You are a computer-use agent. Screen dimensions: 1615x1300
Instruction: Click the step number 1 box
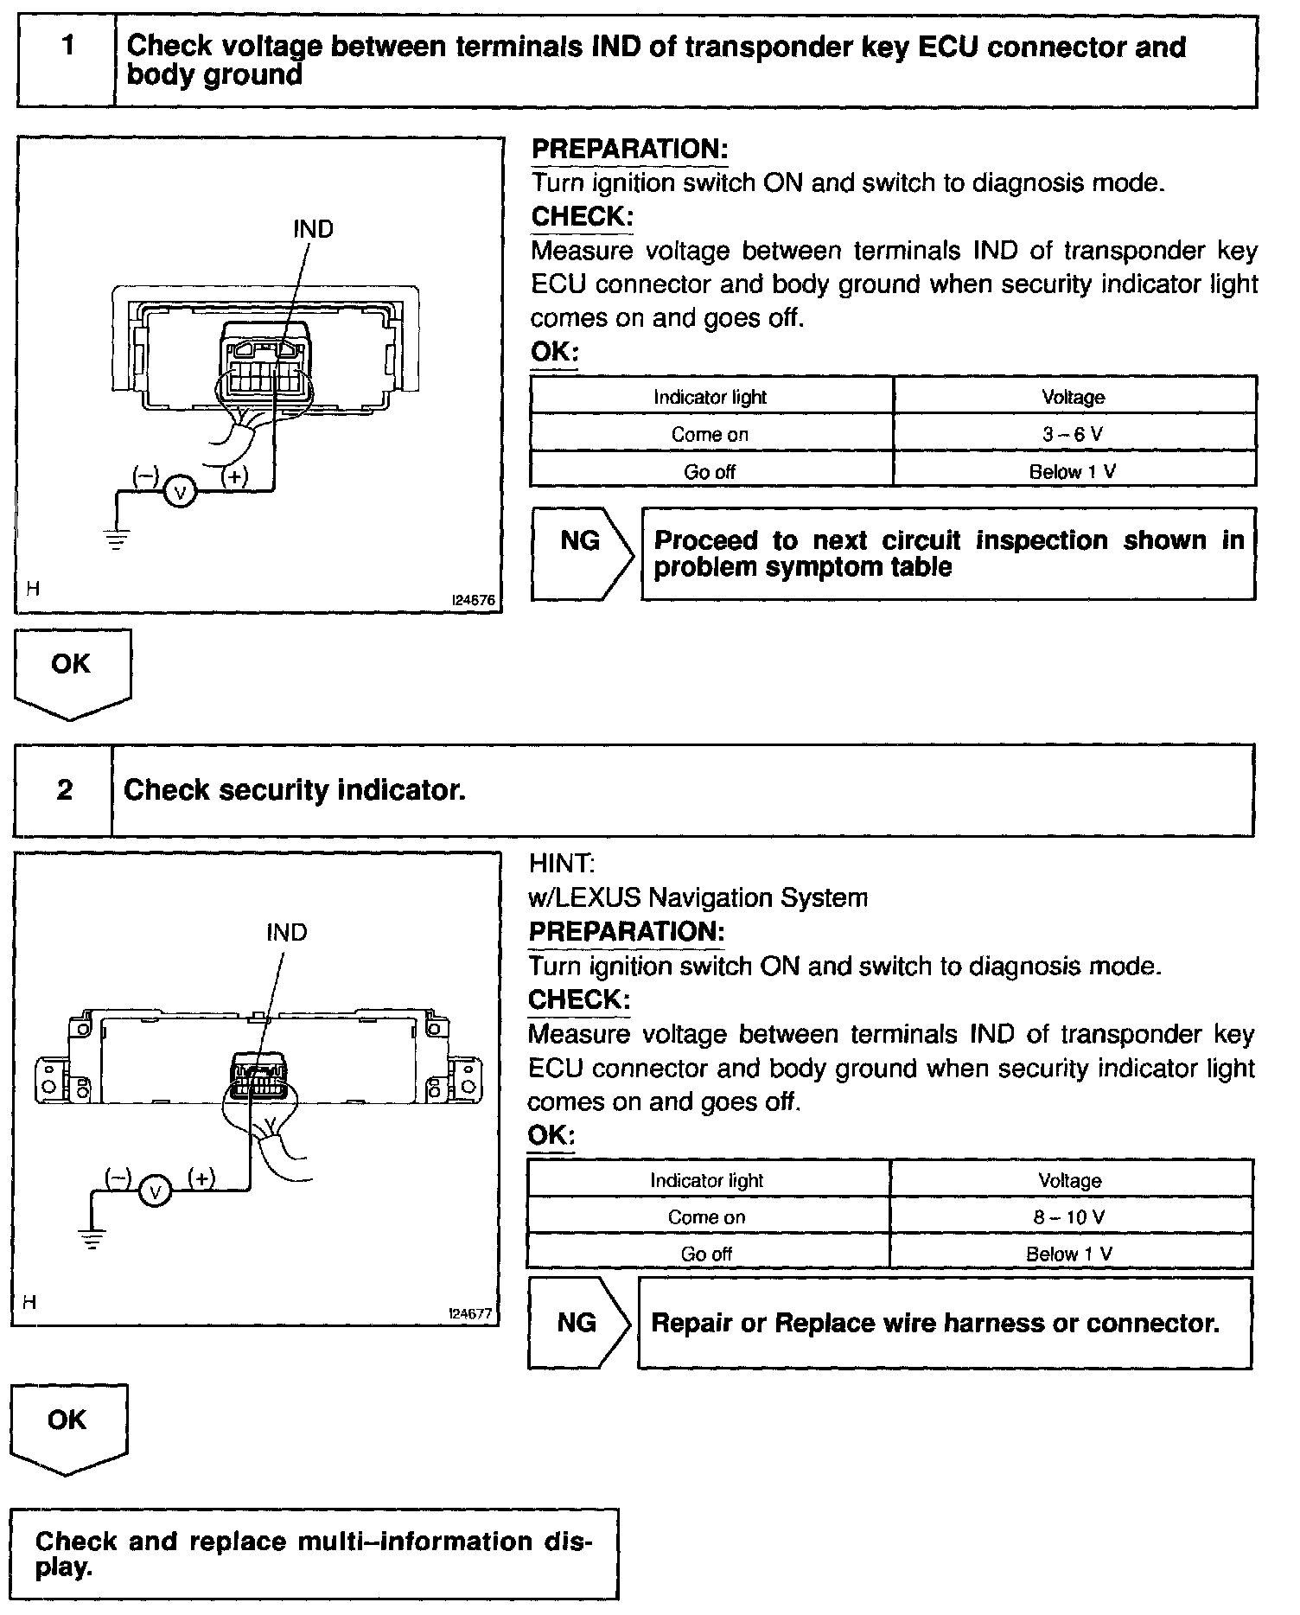[x=67, y=61]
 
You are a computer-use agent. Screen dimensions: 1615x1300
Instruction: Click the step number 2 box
[x=64, y=790]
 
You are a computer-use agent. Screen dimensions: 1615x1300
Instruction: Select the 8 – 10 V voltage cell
[x=1069, y=1217]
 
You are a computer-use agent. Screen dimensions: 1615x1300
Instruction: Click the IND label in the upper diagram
[x=313, y=229]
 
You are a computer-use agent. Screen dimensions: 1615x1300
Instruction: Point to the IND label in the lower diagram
[x=287, y=933]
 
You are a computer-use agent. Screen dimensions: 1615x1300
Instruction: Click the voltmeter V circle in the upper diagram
[x=181, y=493]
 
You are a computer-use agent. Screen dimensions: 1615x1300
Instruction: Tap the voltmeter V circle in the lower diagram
[x=156, y=1193]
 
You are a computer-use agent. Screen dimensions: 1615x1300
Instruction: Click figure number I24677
[x=469, y=1313]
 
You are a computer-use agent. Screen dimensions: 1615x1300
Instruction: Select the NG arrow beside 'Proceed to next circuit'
[x=582, y=553]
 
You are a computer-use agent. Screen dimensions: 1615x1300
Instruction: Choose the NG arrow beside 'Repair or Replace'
[x=578, y=1323]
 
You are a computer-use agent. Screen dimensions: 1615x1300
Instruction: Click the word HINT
[x=561, y=864]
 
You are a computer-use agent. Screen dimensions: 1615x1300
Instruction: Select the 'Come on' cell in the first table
[x=710, y=434]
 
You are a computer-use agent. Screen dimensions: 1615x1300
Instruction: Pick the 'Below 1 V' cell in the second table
[x=1069, y=1254]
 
